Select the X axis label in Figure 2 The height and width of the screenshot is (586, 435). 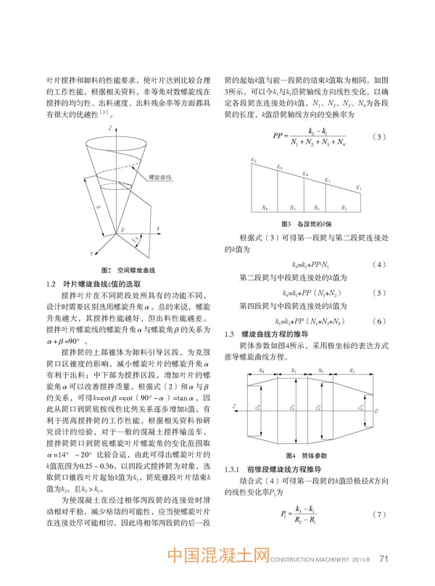[157, 228]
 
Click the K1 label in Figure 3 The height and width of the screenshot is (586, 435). [360, 188]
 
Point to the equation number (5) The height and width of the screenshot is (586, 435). [377, 292]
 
